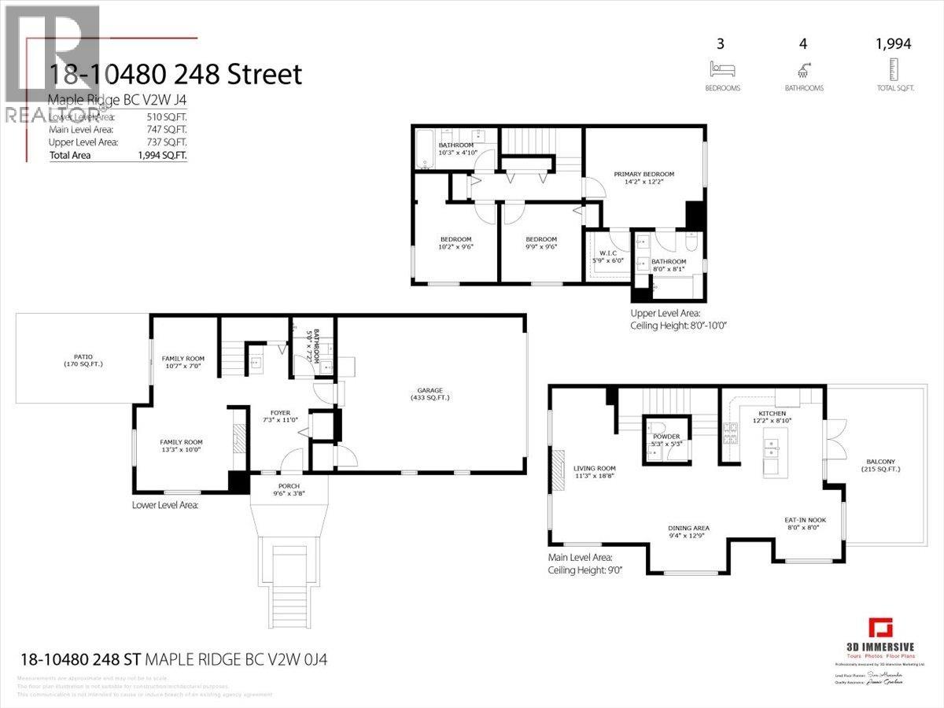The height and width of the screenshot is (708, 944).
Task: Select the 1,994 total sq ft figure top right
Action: (892, 44)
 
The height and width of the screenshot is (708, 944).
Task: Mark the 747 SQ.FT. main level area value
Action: (167, 129)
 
